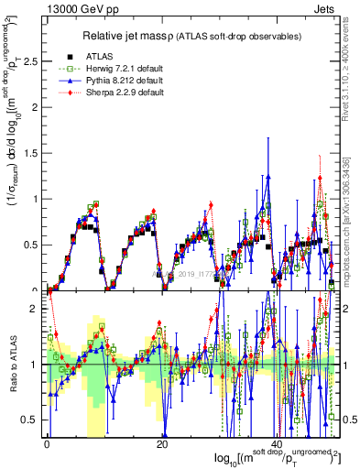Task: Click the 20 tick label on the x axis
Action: click(x=161, y=444)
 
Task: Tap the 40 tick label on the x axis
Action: click(x=277, y=444)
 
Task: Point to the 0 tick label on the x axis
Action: click(x=47, y=444)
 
